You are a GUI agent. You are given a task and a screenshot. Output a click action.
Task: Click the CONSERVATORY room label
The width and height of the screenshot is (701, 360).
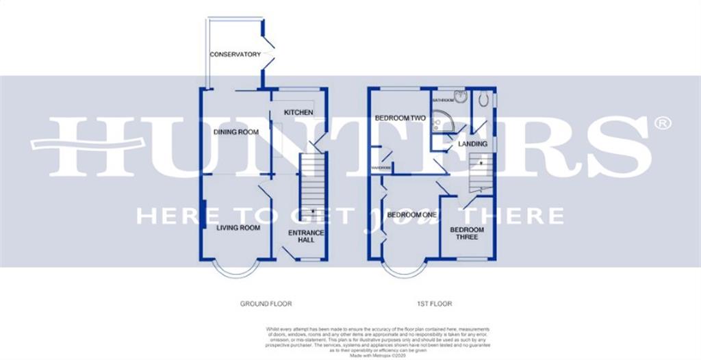tap(235, 55)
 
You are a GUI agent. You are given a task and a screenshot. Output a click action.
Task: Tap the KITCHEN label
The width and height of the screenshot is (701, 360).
tap(298, 112)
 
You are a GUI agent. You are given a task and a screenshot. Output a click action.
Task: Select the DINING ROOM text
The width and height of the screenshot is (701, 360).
tap(235, 132)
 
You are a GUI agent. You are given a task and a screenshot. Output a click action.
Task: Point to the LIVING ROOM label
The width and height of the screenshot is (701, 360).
tap(238, 228)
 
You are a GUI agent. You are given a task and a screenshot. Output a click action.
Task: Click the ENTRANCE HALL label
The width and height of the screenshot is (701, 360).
tap(305, 237)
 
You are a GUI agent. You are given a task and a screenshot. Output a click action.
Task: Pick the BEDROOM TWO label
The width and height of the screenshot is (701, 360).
tap(400, 118)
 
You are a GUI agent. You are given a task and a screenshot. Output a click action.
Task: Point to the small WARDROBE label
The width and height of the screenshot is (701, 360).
tap(381, 166)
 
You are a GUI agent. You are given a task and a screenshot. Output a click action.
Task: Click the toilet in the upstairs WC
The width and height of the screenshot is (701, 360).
tap(487, 100)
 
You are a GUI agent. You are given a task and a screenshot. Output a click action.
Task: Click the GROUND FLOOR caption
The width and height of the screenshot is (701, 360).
tap(258, 303)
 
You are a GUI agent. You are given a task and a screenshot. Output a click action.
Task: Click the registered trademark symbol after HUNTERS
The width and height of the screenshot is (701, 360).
tap(661, 123)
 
